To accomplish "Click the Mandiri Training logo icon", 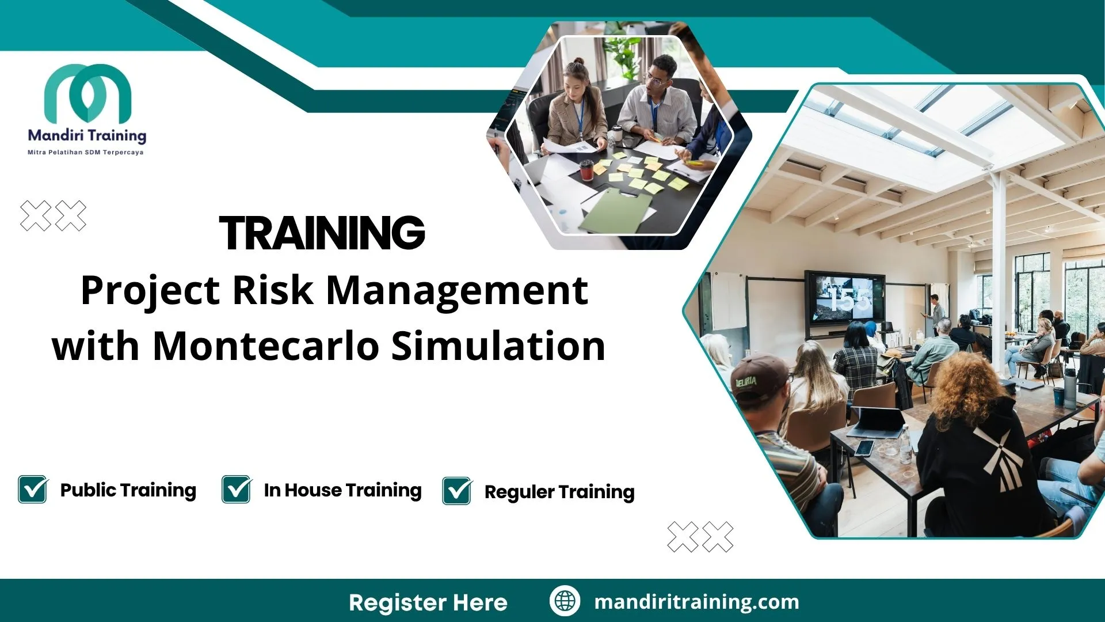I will (x=87, y=92).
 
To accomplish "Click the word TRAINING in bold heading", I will (x=322, y=233).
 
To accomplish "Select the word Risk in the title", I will (x=272, y=290).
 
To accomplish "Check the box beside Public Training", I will (x=33, y=490).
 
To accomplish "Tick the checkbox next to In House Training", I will (x=237, y=490).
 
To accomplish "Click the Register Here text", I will (x=428, y=602).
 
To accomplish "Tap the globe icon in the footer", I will (x=565, y=601).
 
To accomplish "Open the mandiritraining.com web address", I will (x=696, y=602).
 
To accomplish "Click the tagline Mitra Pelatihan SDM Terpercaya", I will (x=86, y=153).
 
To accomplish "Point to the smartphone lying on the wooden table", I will (x=864, y=447).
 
